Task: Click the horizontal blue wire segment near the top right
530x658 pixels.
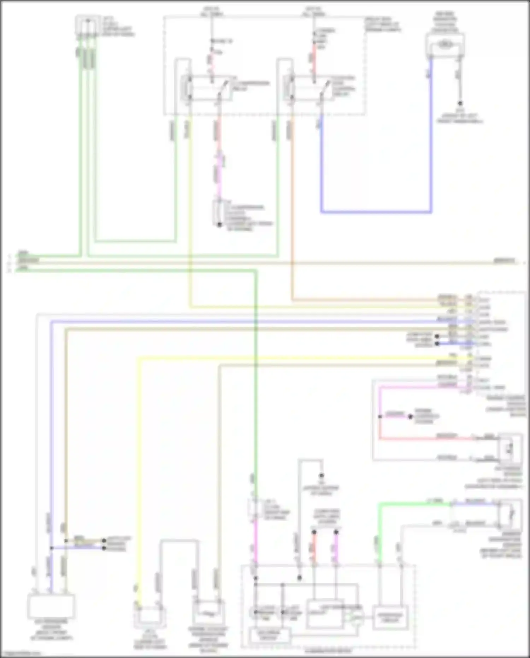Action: coord(376,212)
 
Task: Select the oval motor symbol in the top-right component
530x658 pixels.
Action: coord(444,44)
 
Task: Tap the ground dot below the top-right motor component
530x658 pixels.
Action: coord(460,104)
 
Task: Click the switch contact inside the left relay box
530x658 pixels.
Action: coord(222,88)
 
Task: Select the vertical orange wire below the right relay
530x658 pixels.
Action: coord(292,212)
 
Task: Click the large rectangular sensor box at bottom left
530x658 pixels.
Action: coord(51,605)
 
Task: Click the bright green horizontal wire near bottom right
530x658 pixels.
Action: coord(413,503)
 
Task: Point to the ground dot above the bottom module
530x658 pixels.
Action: coord(322,476)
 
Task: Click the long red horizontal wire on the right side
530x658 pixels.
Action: coord(424,439)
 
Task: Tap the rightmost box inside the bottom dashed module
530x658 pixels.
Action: coord(390,617)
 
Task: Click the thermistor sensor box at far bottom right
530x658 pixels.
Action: coord(509,514)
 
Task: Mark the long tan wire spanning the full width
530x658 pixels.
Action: coord(265,263)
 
